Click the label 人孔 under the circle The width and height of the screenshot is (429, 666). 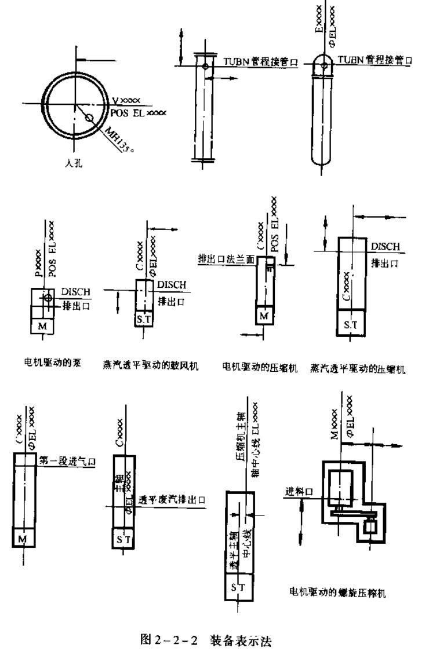pos(74,164)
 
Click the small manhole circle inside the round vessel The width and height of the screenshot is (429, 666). pos(89,118)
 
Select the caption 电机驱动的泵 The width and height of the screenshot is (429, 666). pos(56,364)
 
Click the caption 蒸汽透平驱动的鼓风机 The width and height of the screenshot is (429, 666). pos(147,366)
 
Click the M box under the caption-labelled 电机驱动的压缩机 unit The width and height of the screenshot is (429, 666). pos(264,316)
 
